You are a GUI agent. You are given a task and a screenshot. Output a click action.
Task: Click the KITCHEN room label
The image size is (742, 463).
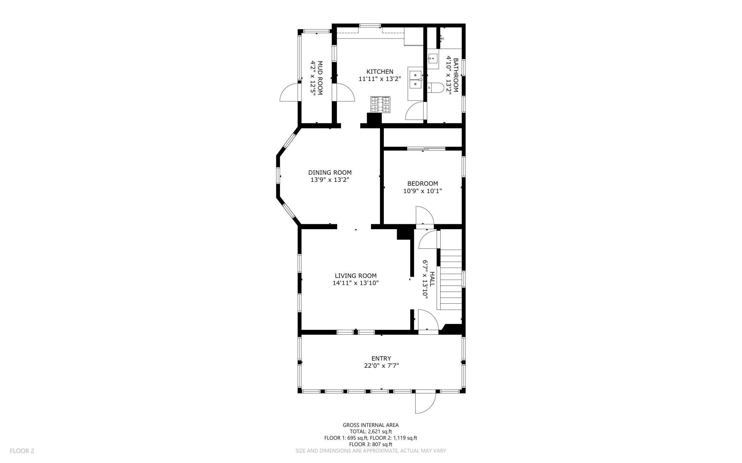[x=380, y=72]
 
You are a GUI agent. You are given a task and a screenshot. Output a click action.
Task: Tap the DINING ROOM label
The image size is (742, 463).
[x=330, y=173]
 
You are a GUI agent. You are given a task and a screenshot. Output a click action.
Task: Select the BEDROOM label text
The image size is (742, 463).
[x=423, y=184]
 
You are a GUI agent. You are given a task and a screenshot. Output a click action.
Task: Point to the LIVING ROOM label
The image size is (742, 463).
[x=356, y=276]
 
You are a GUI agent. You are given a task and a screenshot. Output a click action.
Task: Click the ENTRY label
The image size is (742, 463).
[x=381, y=358]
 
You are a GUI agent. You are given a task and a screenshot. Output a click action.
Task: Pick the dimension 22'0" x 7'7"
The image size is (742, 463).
[x=381, y=366]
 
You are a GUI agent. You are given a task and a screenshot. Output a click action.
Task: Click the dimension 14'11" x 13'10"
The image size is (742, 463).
[x=356, y=283]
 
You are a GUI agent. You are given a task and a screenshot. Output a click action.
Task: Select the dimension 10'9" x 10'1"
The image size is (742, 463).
[x=423, y=191]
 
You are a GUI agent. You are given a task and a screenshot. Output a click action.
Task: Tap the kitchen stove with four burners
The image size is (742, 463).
[x=380, y=104]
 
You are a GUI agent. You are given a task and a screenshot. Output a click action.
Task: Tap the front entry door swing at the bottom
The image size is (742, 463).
[x=426, y=403]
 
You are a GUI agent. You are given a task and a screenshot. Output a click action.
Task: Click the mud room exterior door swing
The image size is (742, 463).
[x=289, y=92]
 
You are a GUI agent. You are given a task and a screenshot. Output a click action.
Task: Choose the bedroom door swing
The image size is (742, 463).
[x=425, y=216]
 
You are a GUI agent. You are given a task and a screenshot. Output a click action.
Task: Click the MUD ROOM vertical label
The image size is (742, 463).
[x=316, y=78]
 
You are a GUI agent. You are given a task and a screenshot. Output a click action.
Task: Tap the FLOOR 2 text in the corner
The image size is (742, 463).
[x=22, y=451]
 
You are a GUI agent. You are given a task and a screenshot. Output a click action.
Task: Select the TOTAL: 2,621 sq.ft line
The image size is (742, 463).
[x=371, y=431]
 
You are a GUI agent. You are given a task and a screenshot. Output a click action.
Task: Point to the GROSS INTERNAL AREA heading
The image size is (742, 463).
[x=371, y=425]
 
